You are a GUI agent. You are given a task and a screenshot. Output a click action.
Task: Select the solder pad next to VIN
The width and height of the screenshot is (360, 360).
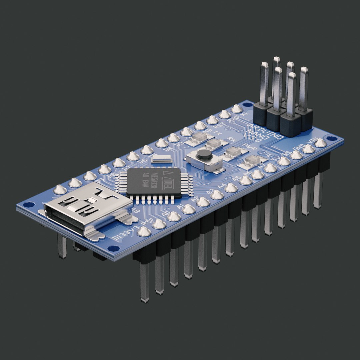(321, 143)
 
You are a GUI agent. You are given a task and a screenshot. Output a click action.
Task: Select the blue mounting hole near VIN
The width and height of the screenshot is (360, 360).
(330, 138)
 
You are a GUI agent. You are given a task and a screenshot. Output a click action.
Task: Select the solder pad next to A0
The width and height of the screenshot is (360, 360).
(174, 216)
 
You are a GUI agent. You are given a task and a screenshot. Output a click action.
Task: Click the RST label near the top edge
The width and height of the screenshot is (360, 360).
(218, 126)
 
